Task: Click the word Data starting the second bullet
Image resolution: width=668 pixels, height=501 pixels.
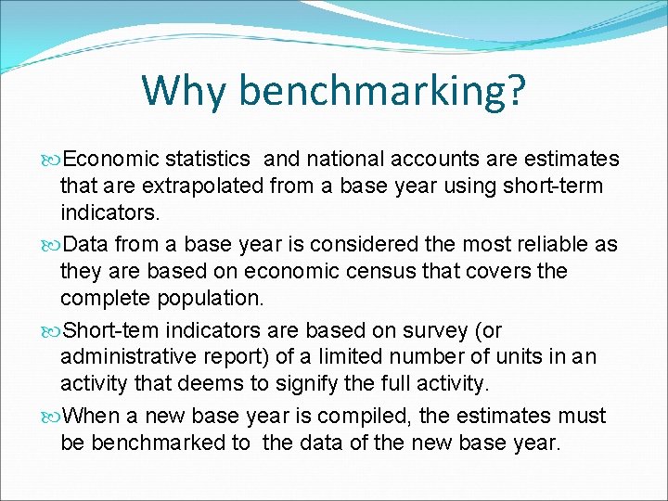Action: tap(85, 244)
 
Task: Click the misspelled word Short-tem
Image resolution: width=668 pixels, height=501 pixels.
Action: tap(110, 330)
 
